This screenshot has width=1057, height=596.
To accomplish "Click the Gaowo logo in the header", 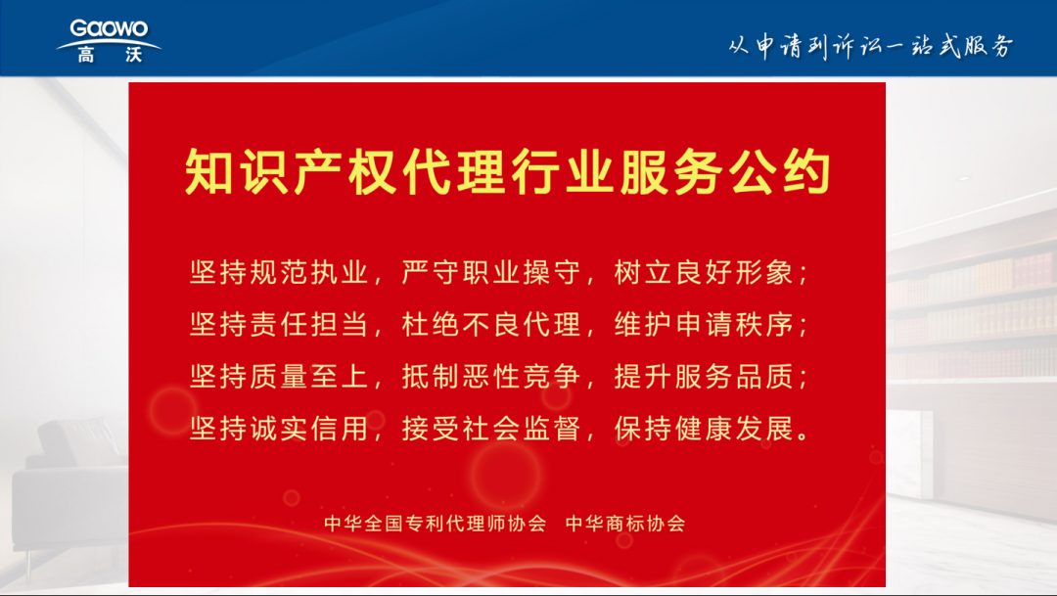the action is coord(109,40).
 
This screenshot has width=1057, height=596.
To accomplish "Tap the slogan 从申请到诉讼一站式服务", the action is coord(870,46).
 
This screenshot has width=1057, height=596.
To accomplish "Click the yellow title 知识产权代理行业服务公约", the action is coord(507,172).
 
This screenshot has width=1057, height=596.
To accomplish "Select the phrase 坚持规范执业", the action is coord(278,272).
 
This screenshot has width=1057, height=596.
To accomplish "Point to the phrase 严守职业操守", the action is coord(490,272).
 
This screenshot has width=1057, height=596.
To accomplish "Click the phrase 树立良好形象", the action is coord(703,272).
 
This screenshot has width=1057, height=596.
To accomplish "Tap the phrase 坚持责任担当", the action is coord(278,324).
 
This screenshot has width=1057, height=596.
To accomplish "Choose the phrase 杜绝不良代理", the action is coord(490,324).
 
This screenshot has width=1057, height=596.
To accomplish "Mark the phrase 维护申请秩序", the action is coord(703,324).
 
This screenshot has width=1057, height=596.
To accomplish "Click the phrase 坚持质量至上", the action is coord(278,376).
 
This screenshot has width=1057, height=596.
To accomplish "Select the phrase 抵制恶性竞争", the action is coord(490,376).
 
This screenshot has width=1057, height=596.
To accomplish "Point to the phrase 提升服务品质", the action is coord(703,376).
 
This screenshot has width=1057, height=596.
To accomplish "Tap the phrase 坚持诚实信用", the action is coord(278,428).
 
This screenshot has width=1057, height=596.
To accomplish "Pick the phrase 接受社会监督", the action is coord(490,428).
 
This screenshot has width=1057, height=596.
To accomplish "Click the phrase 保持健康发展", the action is coord(703,428).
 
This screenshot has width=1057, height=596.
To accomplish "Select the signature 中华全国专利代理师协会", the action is coord(435,524).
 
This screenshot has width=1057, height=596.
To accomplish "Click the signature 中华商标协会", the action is coord(625,524).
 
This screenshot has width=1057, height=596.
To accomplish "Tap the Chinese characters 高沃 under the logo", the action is coord(110,55).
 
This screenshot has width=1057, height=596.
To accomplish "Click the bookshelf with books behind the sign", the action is coord(972,317).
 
